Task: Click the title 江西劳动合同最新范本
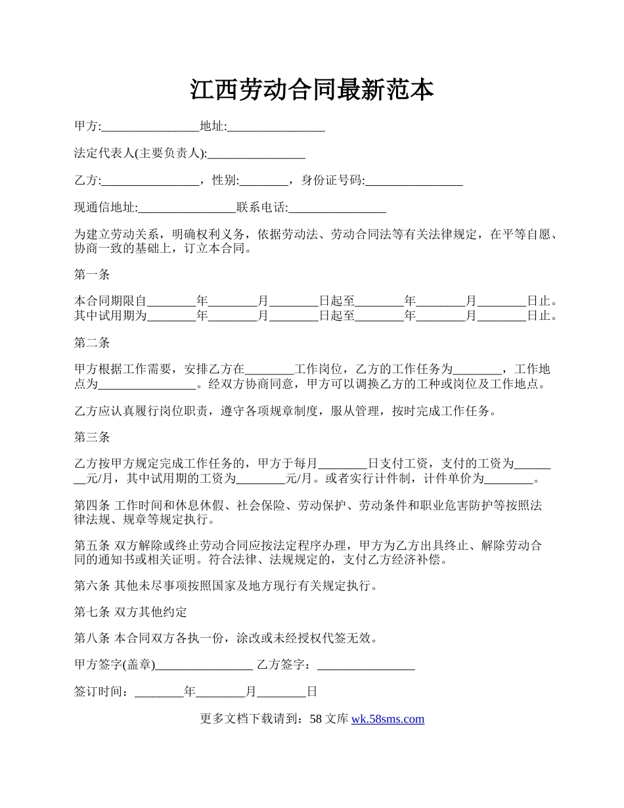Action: (312, 90)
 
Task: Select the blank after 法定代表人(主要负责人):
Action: (256, 154)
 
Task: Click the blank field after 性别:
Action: (264, 181)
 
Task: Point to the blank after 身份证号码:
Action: (414, 181)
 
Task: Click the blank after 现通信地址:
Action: (187, 208)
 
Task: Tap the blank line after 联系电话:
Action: (337, 208)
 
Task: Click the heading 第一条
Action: (92, 275)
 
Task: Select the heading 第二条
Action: (92, 342)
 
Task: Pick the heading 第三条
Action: (92, 437)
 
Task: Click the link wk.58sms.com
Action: (388, 719)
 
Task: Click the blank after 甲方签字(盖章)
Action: (204, 665)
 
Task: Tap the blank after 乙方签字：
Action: (366, 665)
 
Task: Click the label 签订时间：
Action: (104, 692)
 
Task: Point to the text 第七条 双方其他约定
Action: (131, 612)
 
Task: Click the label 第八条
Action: (92, 639)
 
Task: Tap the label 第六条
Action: (92, 585)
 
